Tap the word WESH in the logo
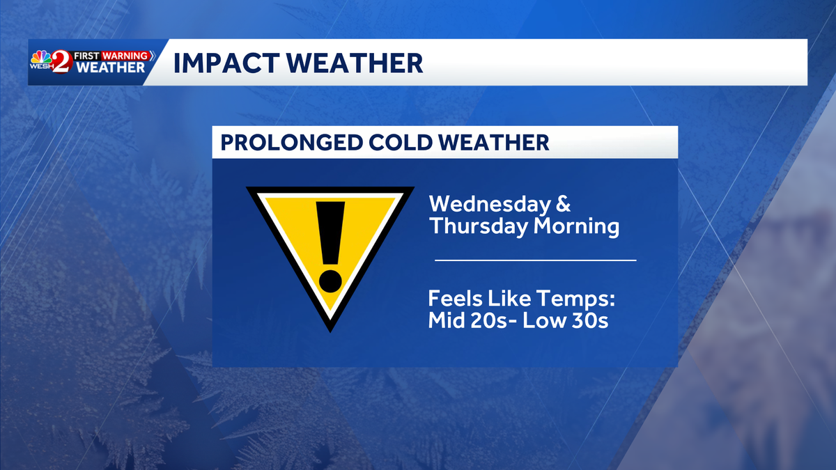[41, 68]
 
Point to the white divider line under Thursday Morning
[535, 260]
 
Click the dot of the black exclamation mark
[331, 279]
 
